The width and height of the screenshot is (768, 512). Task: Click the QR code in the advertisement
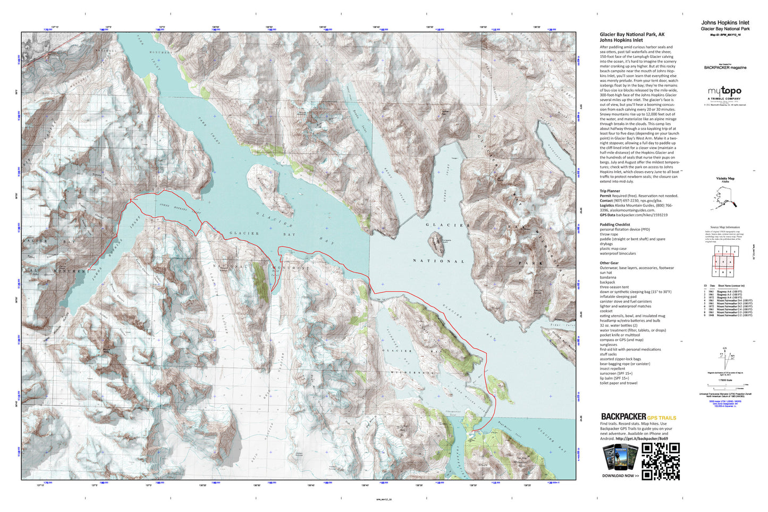point(661,461)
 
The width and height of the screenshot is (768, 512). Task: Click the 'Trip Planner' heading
point(610,191)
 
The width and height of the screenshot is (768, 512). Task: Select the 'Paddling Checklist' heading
point(614,224)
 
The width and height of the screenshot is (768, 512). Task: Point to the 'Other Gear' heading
point(609,263)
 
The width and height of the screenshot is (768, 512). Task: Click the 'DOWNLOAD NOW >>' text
point(620,476)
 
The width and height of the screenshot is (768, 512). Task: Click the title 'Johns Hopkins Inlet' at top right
point(725,23)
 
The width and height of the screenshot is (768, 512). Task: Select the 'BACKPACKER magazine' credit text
point(725,68)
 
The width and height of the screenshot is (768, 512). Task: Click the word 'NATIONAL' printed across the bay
point(438,261)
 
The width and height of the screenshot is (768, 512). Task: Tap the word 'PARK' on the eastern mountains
point(534,263)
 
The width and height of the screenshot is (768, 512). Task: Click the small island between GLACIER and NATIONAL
point(436,244)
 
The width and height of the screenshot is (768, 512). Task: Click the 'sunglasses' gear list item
point(609,345)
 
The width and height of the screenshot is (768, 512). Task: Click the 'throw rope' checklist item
point(609,234)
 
